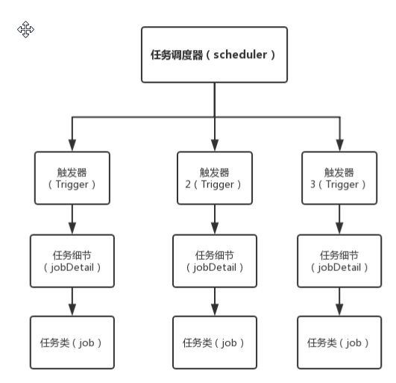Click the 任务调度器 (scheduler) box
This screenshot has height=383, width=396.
[x=214, y=55]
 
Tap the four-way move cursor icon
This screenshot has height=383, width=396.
[x=26, y=29]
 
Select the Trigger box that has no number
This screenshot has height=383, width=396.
[x=72, y=178]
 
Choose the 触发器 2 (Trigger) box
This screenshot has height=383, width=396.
[x=214, y=178]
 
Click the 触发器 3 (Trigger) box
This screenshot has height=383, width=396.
[x=339, y=178]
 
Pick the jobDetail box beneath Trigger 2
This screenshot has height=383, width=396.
[x=214, y=261]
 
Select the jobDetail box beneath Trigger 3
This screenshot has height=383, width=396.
[x=339, y=261]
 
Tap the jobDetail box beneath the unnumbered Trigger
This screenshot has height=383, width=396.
[x=72, y=261]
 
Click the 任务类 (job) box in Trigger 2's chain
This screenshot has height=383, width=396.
[x=214, y=342]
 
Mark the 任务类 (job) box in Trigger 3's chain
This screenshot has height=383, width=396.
[x=339, y=342]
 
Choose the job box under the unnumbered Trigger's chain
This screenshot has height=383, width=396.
[x=72, y=342]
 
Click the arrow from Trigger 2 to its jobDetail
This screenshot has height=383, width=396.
[x=214, y=219]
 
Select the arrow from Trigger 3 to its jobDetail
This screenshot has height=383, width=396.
[x=339, y=219]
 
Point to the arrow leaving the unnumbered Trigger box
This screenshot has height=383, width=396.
[x=72, y=219]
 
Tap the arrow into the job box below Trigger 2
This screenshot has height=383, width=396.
[x=214, y=302]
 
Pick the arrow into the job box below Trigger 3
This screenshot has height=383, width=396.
[x=339, y=302]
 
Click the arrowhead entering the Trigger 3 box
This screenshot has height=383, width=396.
[x=339, y=146]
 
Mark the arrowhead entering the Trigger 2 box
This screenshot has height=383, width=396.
[x=214, y=146]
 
